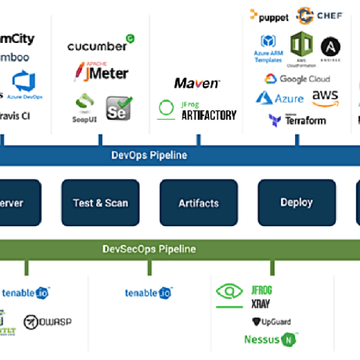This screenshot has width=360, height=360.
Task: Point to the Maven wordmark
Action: (x=196, y=82)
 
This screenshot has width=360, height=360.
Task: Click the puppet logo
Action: (x=269, y=16)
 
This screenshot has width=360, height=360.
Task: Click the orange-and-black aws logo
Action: (x=325, y=98)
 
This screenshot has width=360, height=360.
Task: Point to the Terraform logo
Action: (x=297, y=120)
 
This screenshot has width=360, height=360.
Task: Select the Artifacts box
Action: (x=199, y=203)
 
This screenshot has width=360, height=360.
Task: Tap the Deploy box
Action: (x=297, y=203)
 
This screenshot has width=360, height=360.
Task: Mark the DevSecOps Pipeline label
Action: (x=149, y=250)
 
